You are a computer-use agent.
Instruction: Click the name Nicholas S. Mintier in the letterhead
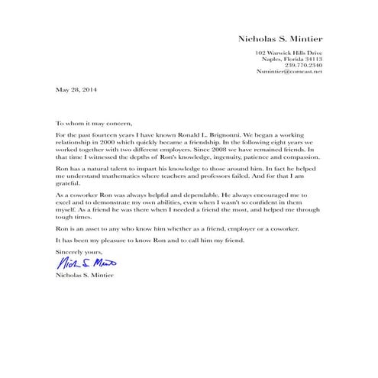(280, 37)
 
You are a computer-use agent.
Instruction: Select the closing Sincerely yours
(78, 250)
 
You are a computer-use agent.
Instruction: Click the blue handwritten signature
(84, 262)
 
